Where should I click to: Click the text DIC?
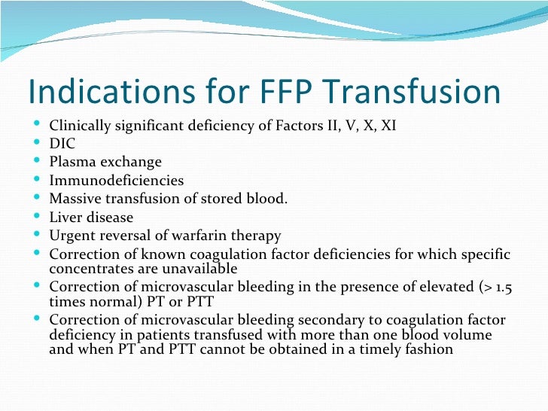pyautogui.click(x=62, y=143)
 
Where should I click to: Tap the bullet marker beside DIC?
pyautogui.click(x=38, y=143)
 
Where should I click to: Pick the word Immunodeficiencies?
pyautogui.click(x=116, y=181)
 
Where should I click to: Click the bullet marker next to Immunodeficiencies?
pyautogui.click(x=38, y=181)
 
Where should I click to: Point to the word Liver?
pyautogui.click(x=65, y=218)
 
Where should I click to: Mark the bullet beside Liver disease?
pyautogui.click(x=38, y=218)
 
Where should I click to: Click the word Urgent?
pyautogui.click(x=72, y=236)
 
